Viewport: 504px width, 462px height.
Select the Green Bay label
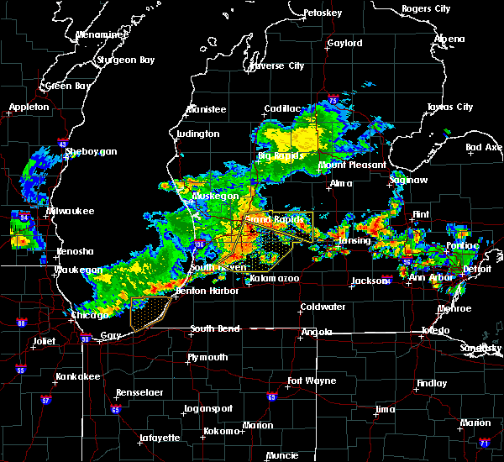pyautogui.click(x=69, y=86)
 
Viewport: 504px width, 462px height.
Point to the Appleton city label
pyautogui.click(x=30, y=108)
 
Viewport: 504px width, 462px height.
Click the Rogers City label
pyautogui.click(x=427, y=8)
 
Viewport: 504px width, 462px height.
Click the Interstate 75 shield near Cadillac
pyautogui.click(x=334, y=101)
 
